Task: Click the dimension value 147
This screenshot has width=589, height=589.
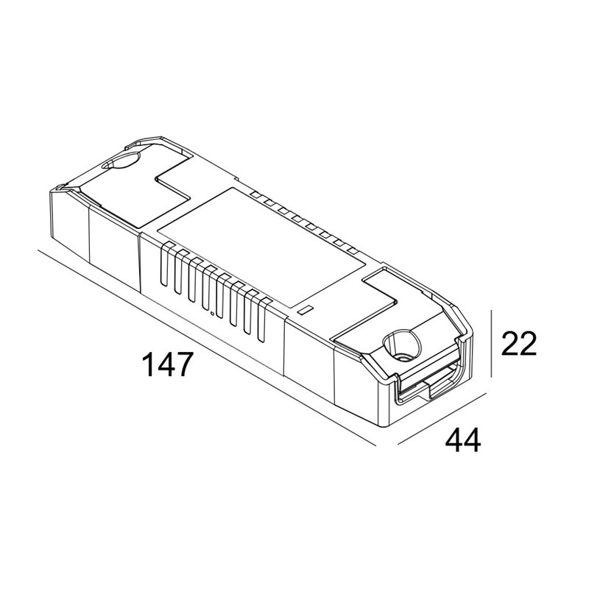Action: [168, 364]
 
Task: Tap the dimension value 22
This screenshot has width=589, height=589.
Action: [519, 343]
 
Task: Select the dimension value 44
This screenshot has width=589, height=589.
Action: [463, 440]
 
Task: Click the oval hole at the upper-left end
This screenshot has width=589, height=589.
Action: [121, 161]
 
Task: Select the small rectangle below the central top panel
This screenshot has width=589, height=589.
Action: [305, 310]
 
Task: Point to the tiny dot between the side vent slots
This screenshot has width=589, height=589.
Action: [212, 313]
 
